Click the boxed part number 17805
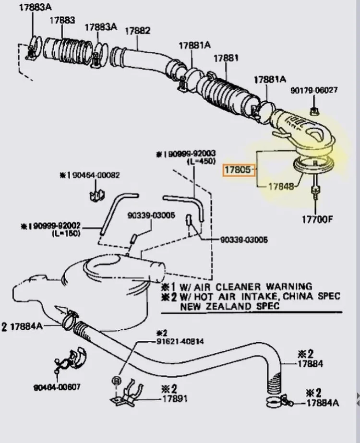(238, 169)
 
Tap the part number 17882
(138, 30)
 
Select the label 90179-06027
(314, 90)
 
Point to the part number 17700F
(317, 220)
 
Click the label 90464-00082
(100, 176)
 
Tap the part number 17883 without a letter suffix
(62, 20)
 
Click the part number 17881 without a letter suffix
(226, 58)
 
